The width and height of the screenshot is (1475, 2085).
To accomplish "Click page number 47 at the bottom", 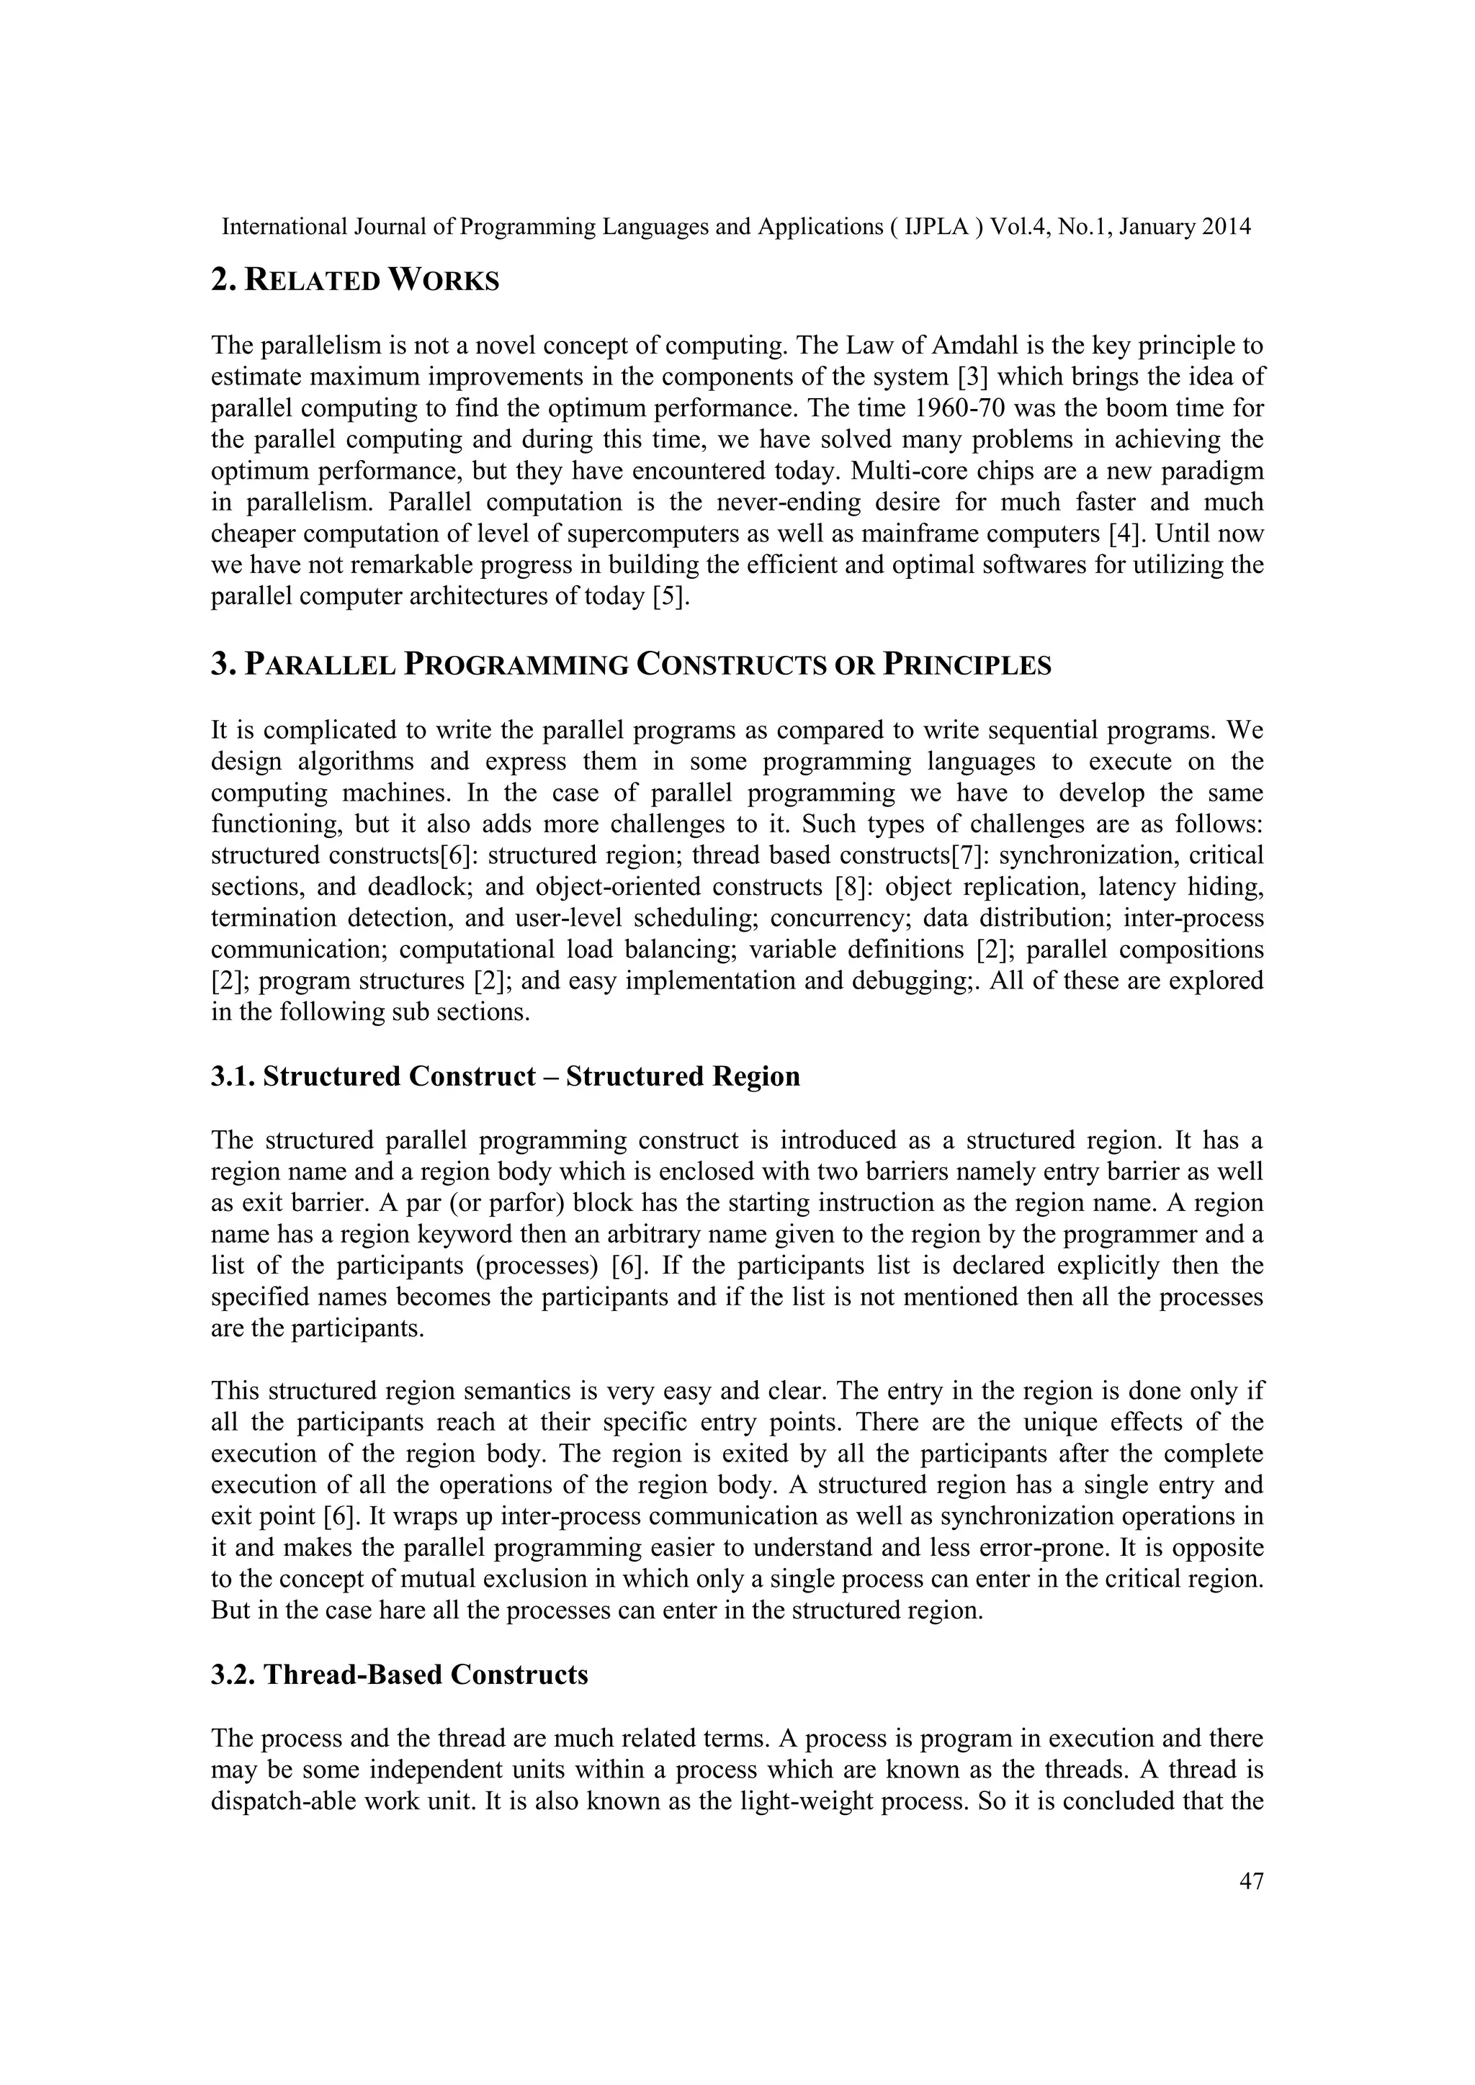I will click(x=1251, y=1881).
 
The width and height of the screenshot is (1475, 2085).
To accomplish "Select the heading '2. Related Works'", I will click(x=355, y=281).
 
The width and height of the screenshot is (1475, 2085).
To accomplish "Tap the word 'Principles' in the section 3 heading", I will click(x=969, y=666).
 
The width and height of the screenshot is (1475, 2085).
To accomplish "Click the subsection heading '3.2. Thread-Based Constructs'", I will click(x=400, y=1674).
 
